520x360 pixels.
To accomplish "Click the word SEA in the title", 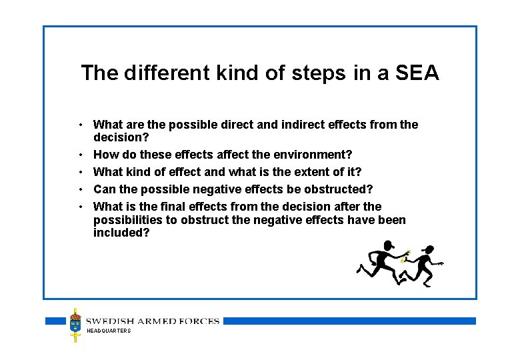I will (x=418, y=73).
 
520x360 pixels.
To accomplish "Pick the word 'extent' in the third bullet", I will (x=313, y=172).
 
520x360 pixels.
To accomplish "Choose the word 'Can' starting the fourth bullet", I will (x=105, y=189).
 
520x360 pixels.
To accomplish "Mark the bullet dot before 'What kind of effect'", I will (x=80, y=172).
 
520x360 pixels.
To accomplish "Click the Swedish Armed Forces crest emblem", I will (x=75, y=325).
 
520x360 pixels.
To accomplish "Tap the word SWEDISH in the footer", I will (x=111, y=321).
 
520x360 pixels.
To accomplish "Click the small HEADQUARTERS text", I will (x=109, y=331).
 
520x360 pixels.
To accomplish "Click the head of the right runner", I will (x=429, y=250).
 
